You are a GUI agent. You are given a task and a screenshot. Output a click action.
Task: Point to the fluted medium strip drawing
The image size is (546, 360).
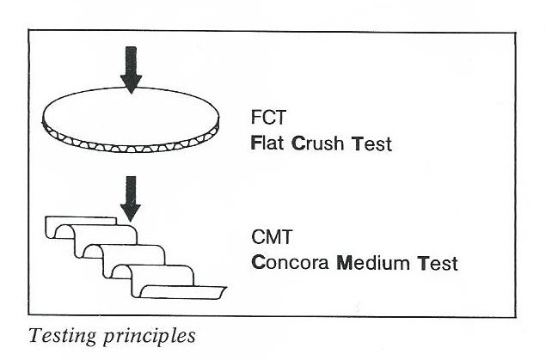pos(129,266)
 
